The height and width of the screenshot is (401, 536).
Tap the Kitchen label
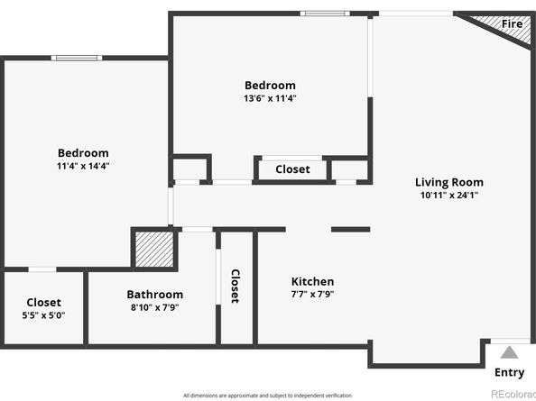312,282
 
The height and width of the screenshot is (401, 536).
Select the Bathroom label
154,295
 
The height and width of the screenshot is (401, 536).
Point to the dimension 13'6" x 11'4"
270,98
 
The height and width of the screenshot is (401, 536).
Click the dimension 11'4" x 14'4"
83,166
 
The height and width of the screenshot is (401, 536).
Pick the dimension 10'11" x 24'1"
449,195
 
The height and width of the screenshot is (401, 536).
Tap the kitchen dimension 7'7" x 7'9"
312,295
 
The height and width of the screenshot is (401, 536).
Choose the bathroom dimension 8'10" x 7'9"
154,307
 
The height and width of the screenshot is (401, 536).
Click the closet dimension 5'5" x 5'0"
44,315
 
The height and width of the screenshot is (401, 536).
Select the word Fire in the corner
512,23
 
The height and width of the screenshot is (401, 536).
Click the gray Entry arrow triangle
510,352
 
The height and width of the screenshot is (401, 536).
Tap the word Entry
510,373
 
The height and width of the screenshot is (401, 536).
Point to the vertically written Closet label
235,286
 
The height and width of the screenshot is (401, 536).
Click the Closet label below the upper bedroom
292,169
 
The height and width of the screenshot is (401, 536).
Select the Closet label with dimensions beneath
44,303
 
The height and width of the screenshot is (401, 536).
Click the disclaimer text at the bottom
267,396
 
